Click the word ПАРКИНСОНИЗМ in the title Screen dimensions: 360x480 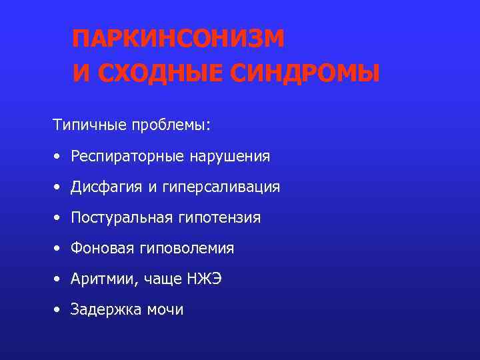[x=178, y=39]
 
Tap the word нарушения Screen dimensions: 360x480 [x=230, y=157]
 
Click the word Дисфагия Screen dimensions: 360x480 [x=107, y=187]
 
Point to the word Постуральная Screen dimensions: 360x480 [x=124, y=218]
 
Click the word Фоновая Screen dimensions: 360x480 [x=103, y=249]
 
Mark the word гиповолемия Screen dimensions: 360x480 [x=187, y=249]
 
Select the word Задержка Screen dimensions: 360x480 [x=105, y=310]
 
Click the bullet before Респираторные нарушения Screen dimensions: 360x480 [x=59, y=157]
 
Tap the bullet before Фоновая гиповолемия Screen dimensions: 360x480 [x=59, y=249]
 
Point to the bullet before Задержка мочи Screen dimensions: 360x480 [x=59, y=311]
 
